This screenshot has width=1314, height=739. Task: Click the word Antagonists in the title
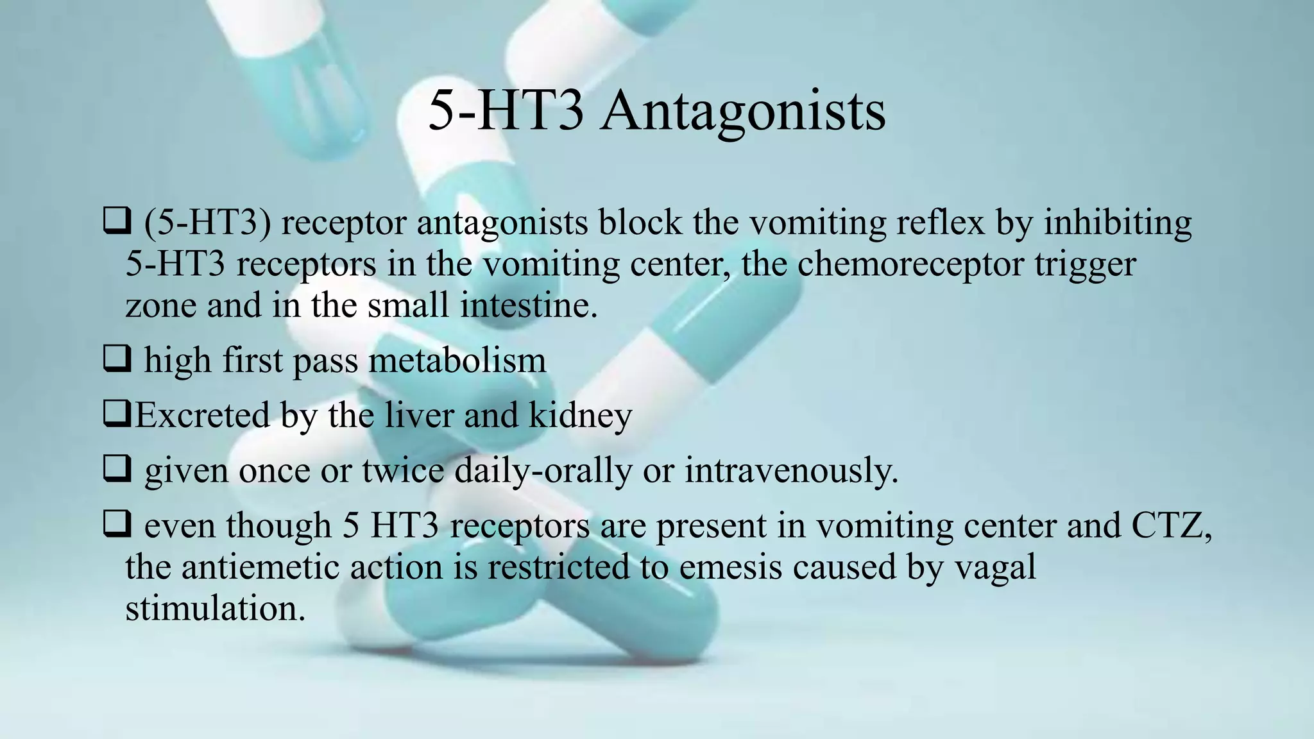[x=742, y=110]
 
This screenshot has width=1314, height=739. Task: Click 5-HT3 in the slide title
[x=506, y=110]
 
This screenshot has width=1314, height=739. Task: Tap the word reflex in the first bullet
[x=940, y=223]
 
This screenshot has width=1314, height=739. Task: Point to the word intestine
[x=529, y=305]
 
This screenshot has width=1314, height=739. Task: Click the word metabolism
[x=457, y=361]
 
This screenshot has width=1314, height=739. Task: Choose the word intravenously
[x=791, y=471]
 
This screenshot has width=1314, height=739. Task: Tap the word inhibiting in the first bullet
[x=1118, y=223]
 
